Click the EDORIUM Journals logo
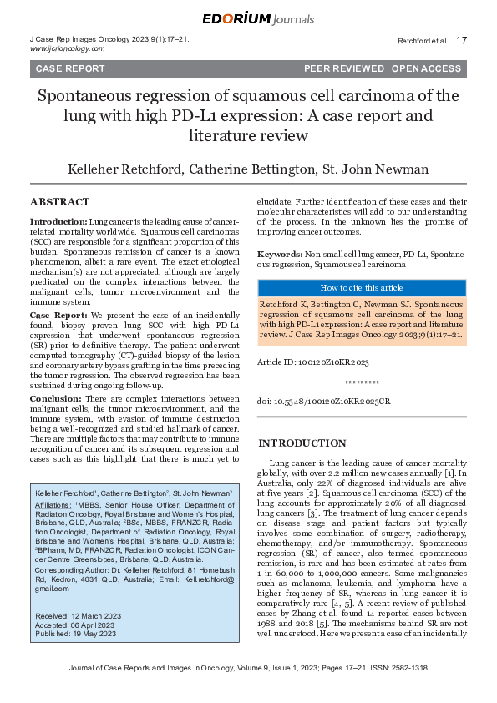pos(248,18)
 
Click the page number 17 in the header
pos(462,40)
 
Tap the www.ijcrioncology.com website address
pos(67,49)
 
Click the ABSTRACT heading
pos(59,202)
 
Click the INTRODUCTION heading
pos(301,443)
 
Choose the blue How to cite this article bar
pos(362,287)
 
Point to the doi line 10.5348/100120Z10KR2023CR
pos(324,402)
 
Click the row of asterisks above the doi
pos(361,383)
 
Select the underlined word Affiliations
pos(53,506)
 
